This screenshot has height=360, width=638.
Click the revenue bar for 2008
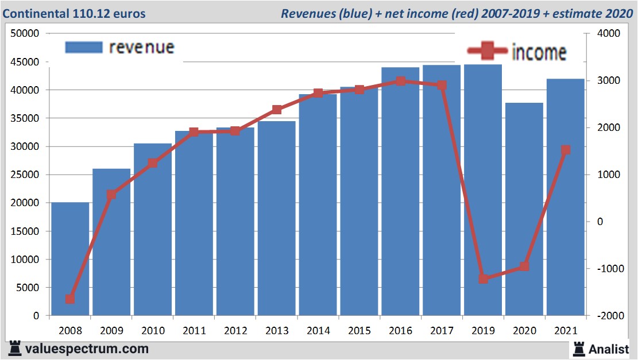pos(70,259)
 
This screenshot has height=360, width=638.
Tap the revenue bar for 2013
pos(276,218)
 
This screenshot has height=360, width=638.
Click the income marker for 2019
pos(483,279)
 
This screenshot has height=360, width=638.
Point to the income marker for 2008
pos(70,299)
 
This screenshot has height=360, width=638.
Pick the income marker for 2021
pos(566,150)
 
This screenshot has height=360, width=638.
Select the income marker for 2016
pos(401,81)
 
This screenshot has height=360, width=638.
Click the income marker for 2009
pos(111,195)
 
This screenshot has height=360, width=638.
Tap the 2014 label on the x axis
pos(318,331)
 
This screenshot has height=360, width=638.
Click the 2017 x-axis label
pos(442,331)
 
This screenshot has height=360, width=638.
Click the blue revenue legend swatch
pos(84,47)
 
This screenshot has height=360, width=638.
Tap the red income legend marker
pos(488,52)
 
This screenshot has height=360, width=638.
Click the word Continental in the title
pos(36,13)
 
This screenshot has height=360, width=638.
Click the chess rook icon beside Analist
pos(579,348)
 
